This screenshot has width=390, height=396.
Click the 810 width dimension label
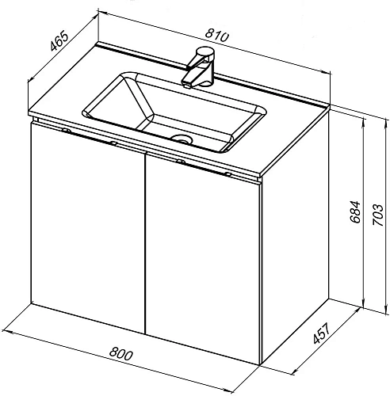216,36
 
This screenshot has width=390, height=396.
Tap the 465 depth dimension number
59,41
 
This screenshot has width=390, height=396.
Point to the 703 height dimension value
377,215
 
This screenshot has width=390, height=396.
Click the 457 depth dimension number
322,333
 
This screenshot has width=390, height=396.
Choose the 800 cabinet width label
120,353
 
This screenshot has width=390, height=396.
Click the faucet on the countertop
199,67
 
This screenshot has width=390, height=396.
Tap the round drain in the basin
181,139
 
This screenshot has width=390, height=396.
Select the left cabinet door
88,227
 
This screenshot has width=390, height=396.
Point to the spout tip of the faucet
187,86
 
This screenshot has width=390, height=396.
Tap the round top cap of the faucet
205,51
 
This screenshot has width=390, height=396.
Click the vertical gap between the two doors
145,243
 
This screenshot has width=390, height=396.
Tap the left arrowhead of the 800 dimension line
6,331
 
